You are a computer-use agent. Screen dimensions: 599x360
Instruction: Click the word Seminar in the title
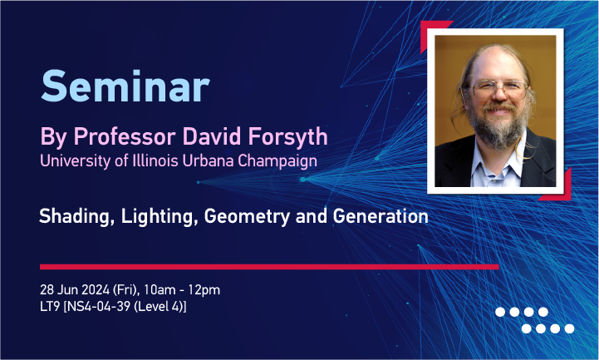[125, 86]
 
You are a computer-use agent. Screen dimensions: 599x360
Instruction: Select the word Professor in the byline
[125, 136]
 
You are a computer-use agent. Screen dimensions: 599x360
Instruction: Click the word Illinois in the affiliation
[155, 160]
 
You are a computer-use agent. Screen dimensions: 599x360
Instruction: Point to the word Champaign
[277, 161]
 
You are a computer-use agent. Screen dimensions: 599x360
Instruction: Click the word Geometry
[247, 217]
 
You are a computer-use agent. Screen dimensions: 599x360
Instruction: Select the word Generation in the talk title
[381, 216]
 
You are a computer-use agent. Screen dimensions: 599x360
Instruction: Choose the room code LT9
[50, 307]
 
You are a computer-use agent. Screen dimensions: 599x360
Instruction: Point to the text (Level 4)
[160, 307]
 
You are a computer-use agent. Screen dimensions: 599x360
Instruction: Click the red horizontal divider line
[269, 267]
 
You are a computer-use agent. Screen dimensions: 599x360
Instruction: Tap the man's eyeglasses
[499, 89]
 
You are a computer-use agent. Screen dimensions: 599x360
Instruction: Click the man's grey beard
[498, 127]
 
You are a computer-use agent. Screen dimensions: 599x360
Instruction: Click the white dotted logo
[535, 320]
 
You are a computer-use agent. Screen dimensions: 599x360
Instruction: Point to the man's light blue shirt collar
[497, 165]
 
